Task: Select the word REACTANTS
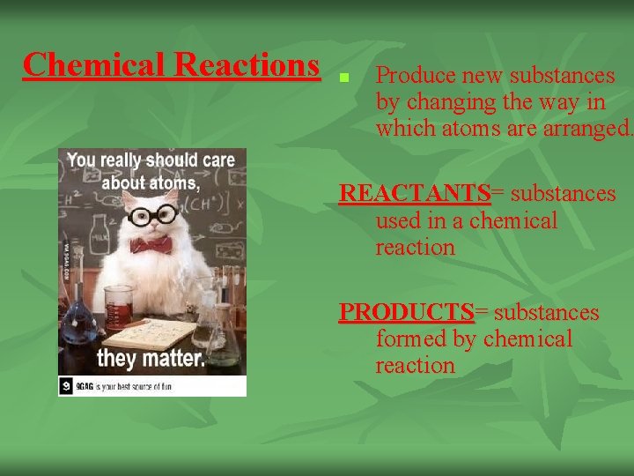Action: click(x=415, y=193)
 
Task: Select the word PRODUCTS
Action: click(x=407, y=312)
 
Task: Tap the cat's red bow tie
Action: click(x=151, y=243)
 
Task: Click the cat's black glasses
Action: click(x=153, y=215)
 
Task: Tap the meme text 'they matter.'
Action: click(x=151, y=358)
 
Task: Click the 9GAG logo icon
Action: click(x=67, y=384)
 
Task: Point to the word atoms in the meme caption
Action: click(x=168, y=184)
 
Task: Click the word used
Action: click(x=399, y=220)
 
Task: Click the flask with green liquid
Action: click(x=224, y=339)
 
